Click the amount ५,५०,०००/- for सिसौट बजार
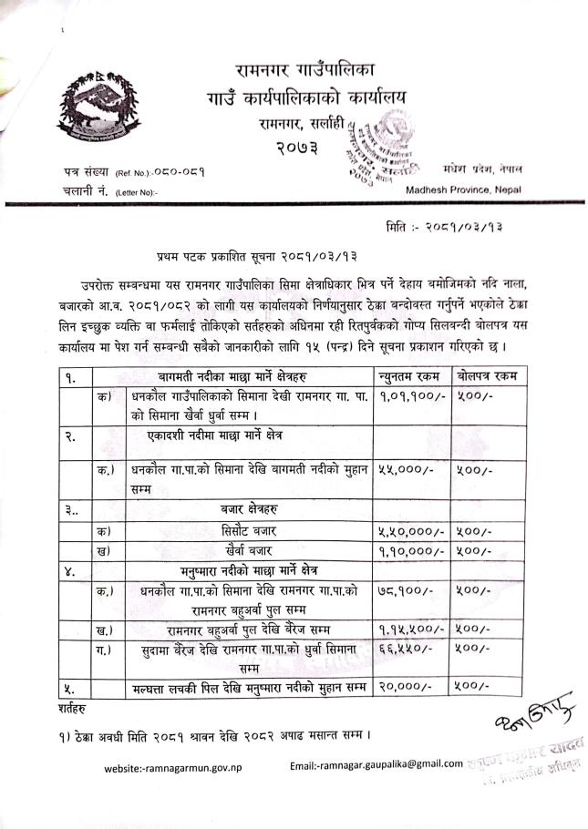410,531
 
